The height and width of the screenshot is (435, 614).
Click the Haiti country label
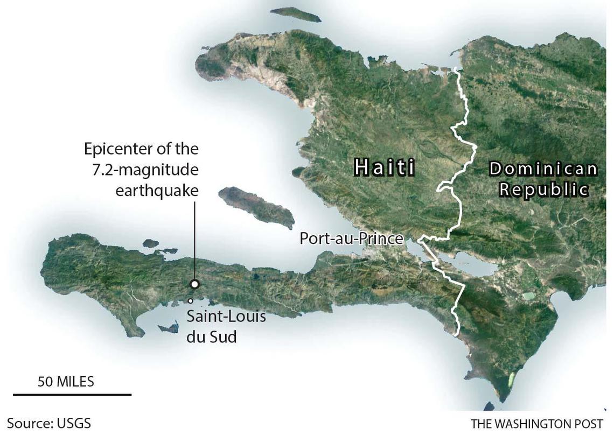385,167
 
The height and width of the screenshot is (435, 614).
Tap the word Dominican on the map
543,169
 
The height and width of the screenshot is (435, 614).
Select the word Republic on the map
543,190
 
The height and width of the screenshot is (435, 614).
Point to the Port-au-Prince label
352,238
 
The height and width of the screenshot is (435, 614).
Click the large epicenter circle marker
194,284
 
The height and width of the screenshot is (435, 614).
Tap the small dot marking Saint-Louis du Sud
190,301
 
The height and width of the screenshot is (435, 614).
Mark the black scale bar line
72,395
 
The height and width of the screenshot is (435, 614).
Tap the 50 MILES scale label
66,382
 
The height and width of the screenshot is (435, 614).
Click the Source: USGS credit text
45,423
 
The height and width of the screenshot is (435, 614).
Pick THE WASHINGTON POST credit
537,423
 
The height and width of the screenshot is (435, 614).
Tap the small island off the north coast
296,14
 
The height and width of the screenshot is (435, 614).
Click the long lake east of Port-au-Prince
469,264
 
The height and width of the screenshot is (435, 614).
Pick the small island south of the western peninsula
169,327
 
